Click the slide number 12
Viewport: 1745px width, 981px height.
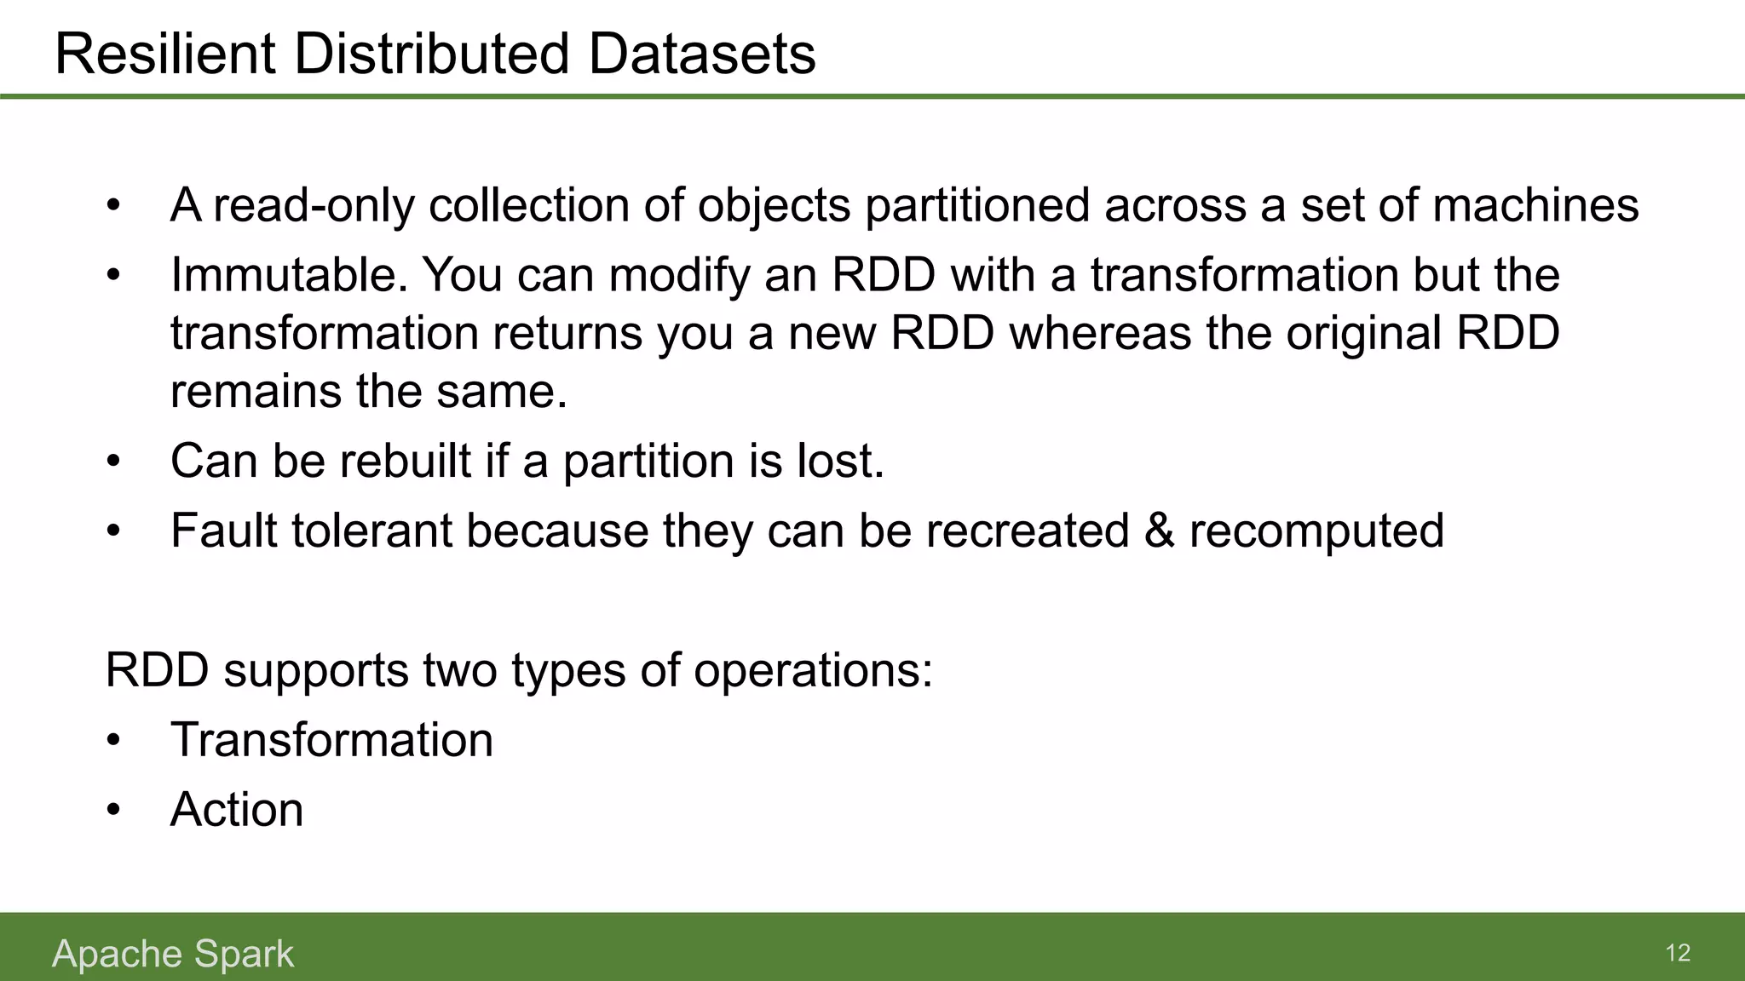coord(1677,953)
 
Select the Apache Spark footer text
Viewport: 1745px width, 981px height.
coord(173,954)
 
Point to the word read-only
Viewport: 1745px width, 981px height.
coord(313,205)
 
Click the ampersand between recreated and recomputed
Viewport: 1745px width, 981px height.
coord(1159,531)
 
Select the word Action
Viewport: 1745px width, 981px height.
coord(237,809)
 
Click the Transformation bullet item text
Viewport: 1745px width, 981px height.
coord(331,739)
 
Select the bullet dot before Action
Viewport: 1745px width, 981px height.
coord(114,811)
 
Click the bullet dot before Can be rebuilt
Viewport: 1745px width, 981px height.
coord(114,462)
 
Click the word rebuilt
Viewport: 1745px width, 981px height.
coord(406,461)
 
